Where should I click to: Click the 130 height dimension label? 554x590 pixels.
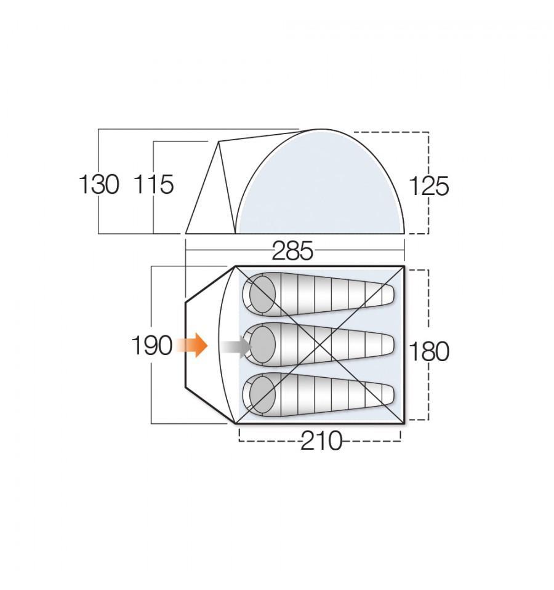point(99,185)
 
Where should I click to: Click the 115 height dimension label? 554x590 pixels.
point(153,185)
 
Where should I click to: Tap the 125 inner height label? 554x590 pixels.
point(428,186)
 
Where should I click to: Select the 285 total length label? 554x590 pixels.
point(292,251)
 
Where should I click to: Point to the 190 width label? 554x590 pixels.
point(151,346)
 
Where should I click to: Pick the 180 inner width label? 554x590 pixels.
point(428,351)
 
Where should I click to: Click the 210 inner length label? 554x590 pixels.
point(321,441)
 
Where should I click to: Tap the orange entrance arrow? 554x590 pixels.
point(192,345)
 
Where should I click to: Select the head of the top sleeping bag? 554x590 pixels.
point(262,293)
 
